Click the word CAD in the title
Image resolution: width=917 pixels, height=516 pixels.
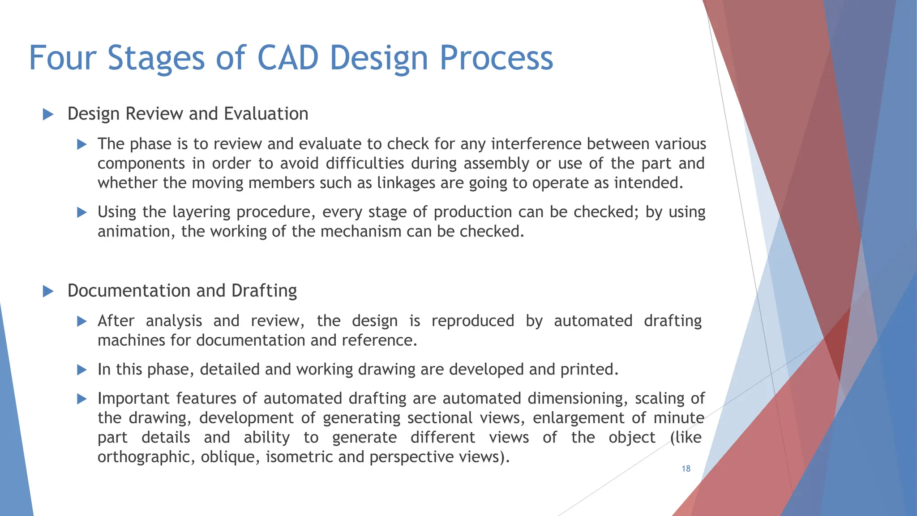287,58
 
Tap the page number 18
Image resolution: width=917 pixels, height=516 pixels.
686,469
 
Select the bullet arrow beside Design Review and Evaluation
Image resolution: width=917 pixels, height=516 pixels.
48,114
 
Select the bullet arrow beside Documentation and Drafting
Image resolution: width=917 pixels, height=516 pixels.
48,292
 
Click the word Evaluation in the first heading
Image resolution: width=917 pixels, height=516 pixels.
266,114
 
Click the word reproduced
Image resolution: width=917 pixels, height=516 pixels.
472,321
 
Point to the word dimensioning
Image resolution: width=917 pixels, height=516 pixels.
577,399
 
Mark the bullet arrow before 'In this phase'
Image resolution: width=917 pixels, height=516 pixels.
81,370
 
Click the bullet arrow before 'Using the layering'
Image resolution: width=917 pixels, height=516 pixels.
81,212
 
